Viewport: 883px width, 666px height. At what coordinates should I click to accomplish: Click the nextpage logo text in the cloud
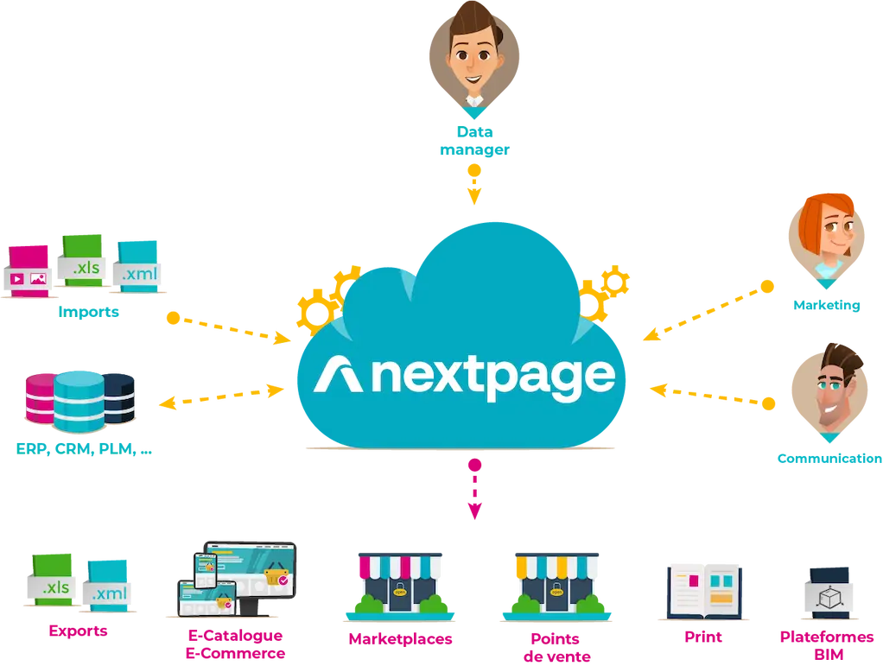(467, 376)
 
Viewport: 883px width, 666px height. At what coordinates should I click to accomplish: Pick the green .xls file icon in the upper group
(85, 260)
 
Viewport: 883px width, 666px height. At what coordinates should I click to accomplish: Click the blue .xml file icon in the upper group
(137, 264)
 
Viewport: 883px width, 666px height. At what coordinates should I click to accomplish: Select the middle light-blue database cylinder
(78, 402)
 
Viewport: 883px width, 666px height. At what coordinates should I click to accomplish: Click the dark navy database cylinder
(119, 398)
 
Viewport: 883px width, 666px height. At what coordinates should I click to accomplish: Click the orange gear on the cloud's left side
(321, 298)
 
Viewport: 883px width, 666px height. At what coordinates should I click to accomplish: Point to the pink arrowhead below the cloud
(474, 516)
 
